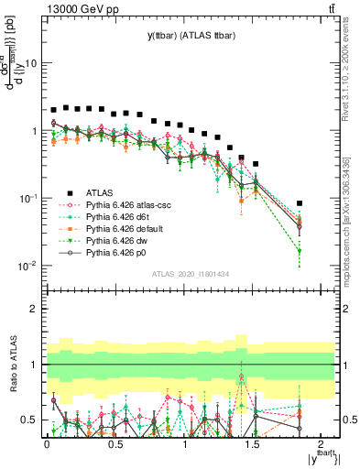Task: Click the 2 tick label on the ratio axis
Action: coord(35,309)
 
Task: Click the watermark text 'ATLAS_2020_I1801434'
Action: coord(191,274)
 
